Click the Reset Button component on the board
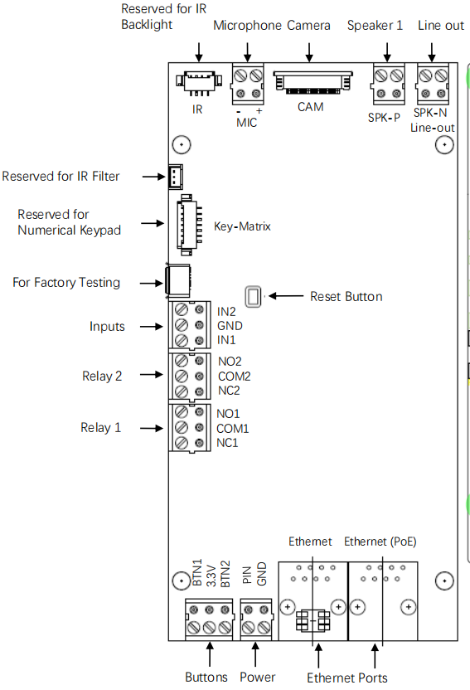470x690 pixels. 253,297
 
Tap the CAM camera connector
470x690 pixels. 313,83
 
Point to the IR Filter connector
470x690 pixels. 176,177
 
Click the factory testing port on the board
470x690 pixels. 178,280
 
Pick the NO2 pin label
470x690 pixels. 230,362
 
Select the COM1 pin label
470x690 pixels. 233,429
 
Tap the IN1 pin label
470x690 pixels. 226,340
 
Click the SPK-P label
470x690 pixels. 384,118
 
